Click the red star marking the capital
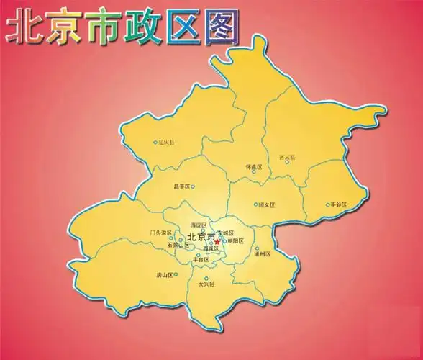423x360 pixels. pos(217,242)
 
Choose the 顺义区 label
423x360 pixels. pos(268,204)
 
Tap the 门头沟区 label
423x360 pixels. pos(158,233)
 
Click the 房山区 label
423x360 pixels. pos(165,275)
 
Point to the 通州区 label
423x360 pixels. pos(263,254)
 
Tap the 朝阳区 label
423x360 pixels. pos(236,241)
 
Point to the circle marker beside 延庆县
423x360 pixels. pos(155,143)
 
